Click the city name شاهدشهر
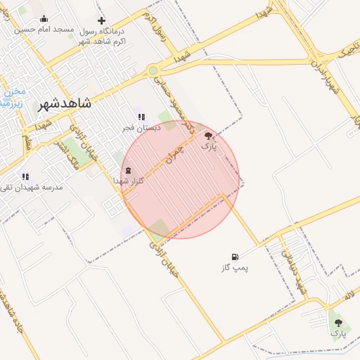click(x=65, y=103)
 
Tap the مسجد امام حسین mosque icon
click(x=44, y=19)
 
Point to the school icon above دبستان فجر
click(x=141, y=117)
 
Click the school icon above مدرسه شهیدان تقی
click(x=25, y=176)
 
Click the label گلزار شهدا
click(x=129, y=181)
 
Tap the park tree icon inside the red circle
click(x=209, y=136)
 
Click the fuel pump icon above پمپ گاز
click(x=235, y=257)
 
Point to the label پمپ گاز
click(x=236, y=268)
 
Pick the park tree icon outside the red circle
click(x=339, y=322)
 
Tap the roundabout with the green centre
click(x=153, y=70)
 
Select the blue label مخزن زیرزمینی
click(x=14, y=96)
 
